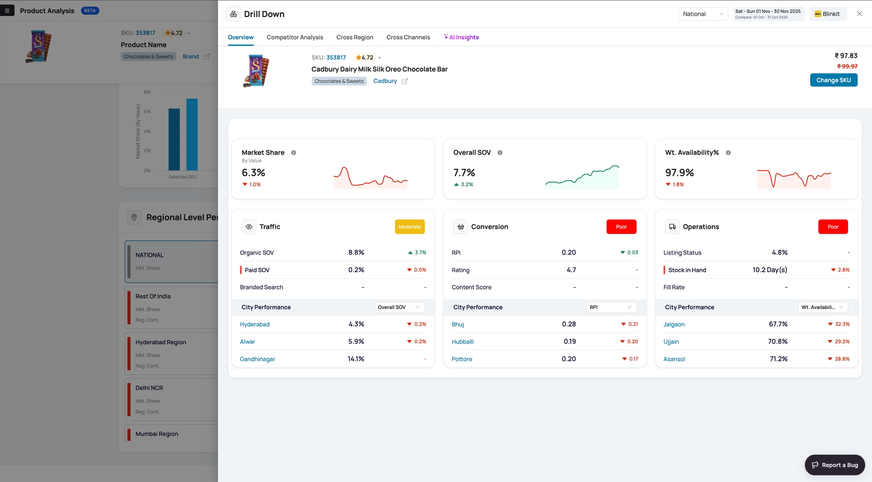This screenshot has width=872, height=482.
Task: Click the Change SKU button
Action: [x=833, y=80]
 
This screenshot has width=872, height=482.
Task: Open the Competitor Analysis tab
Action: [x=295, y=37]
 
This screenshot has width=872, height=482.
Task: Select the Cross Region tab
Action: [x=355, y=37]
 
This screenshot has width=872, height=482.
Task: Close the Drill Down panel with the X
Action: [x=859, y=14]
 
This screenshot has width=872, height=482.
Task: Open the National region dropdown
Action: [x=703, y=14]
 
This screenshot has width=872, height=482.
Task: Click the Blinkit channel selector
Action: [x=828, y=14]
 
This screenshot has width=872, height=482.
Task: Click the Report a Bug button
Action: [x=835, y=465]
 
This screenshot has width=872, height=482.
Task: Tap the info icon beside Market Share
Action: [x=293, y=153]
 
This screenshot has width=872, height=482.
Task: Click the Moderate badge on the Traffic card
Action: [x=410, y=227]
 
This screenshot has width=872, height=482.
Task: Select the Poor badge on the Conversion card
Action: [x=621, y=227]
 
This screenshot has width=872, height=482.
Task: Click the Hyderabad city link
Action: [x=255, y=324]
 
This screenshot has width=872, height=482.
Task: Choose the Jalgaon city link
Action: [x=674, y=324]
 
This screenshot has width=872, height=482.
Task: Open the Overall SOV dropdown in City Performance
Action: [x=399, y=307]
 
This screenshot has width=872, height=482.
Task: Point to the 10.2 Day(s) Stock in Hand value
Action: [x=770, y=270]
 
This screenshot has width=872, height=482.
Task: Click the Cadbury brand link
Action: [x=385, y=81]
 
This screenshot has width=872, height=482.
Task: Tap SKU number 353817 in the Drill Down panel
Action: [x=336, y=57]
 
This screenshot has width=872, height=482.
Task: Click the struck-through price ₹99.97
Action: [x=847, y=66]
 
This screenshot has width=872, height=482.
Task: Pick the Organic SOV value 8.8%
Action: [x=356, y=252]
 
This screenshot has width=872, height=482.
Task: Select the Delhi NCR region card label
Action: [x=149, y=388]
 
